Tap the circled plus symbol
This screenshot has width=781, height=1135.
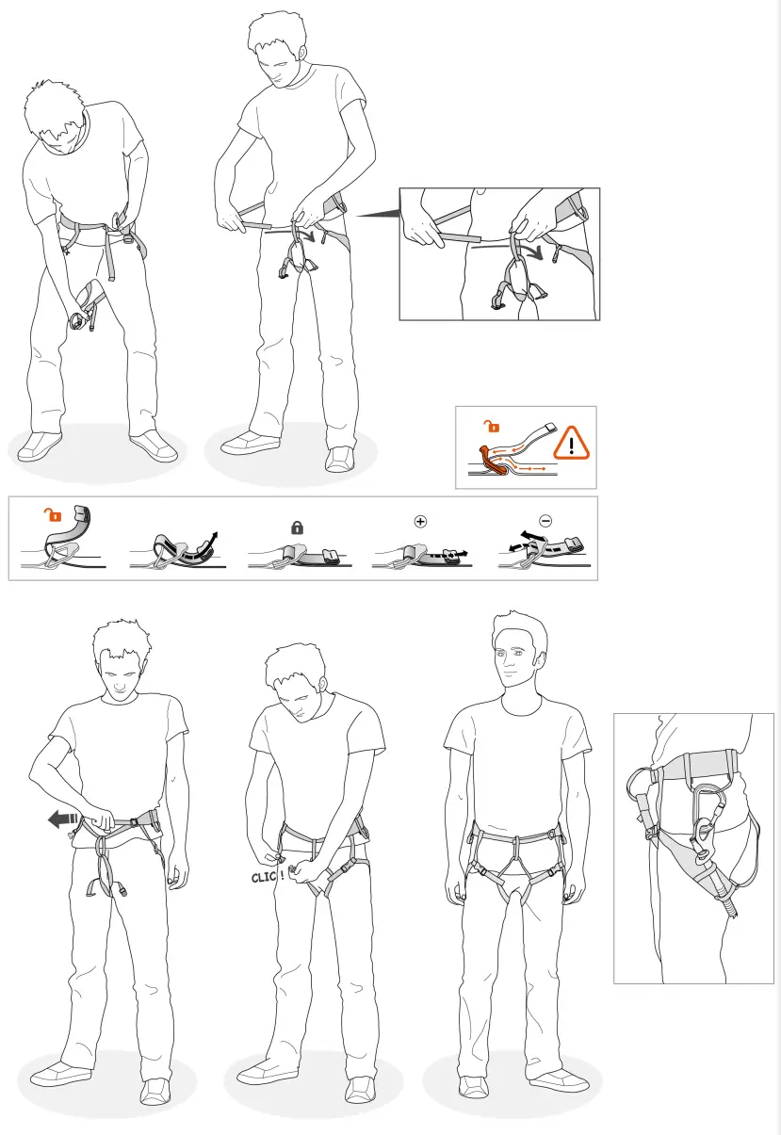pyautogui.click(x=420, y=520)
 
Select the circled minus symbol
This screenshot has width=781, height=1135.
pyautogui.click(x=545, y=520)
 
